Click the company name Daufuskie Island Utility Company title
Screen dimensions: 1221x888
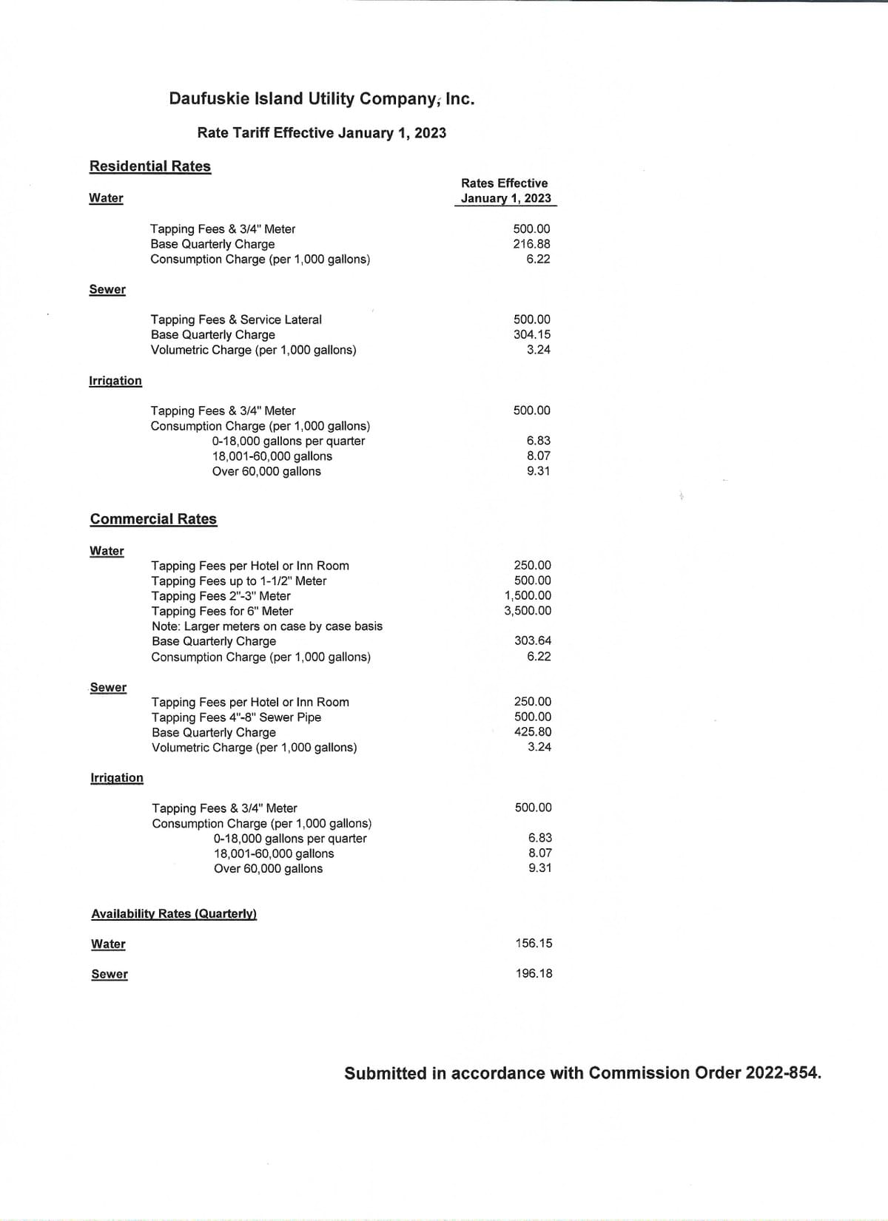coord(321,98)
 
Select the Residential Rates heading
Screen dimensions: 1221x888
coord(150,166)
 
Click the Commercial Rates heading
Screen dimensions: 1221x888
coord(153,519)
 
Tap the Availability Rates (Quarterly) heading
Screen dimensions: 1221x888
coord(174,914)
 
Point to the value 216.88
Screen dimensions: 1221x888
coord(531,244)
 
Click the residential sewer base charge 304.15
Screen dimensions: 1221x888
coord(532,334)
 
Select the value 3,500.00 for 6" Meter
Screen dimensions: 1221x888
coord(528,611)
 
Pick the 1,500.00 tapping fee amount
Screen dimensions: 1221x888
coord(528,595)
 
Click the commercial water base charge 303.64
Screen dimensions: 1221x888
coord(533,640)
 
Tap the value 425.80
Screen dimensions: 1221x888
coord(533,731)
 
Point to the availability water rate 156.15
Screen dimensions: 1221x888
coord(534,943)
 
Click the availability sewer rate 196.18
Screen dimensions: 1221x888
coord(534,973)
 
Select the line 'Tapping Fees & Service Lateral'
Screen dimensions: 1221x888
coord(236,319)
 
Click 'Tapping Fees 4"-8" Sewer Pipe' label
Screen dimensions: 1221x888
coord(236,717)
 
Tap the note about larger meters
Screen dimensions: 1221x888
coord(267,626)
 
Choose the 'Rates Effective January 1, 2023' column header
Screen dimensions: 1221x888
coord(505,191)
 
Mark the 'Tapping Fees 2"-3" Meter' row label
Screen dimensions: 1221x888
coord(221,596)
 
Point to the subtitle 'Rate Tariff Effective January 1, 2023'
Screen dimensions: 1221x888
coord(321,133)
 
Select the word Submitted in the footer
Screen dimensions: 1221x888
coord(385,1073)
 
